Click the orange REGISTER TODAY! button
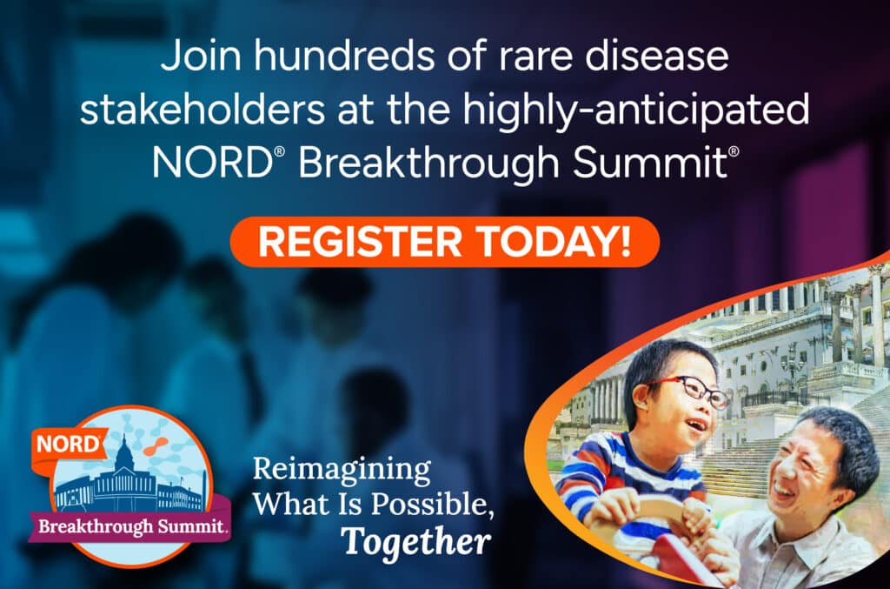coord(444,242)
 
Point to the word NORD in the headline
coord(213,163)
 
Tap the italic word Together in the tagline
coord(416,541)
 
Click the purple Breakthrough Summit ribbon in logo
coord(130,526)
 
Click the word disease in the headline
coord(656,57)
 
